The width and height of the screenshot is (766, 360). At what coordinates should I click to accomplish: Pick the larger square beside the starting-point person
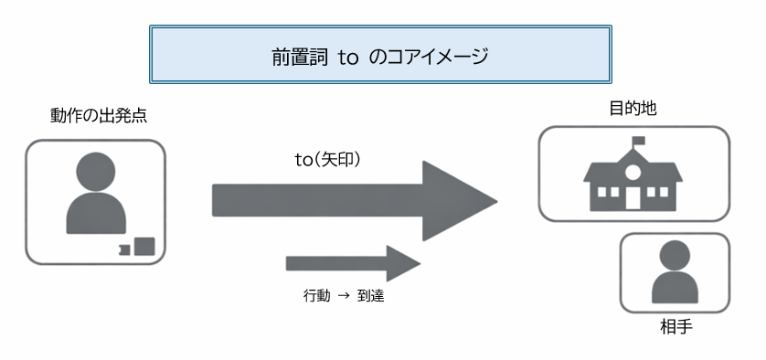coord(144,246)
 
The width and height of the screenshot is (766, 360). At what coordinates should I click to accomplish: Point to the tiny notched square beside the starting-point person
coord(123,249)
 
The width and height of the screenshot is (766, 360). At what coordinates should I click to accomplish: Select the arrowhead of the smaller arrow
coord(402,263)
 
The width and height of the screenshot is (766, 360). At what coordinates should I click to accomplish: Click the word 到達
coord(370,297)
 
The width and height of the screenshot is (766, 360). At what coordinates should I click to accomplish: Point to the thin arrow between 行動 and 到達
coord(342,297)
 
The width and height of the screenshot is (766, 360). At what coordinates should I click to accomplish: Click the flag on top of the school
coord(638,141)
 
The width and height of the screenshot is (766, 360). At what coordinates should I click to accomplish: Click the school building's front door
coord(632,198)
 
